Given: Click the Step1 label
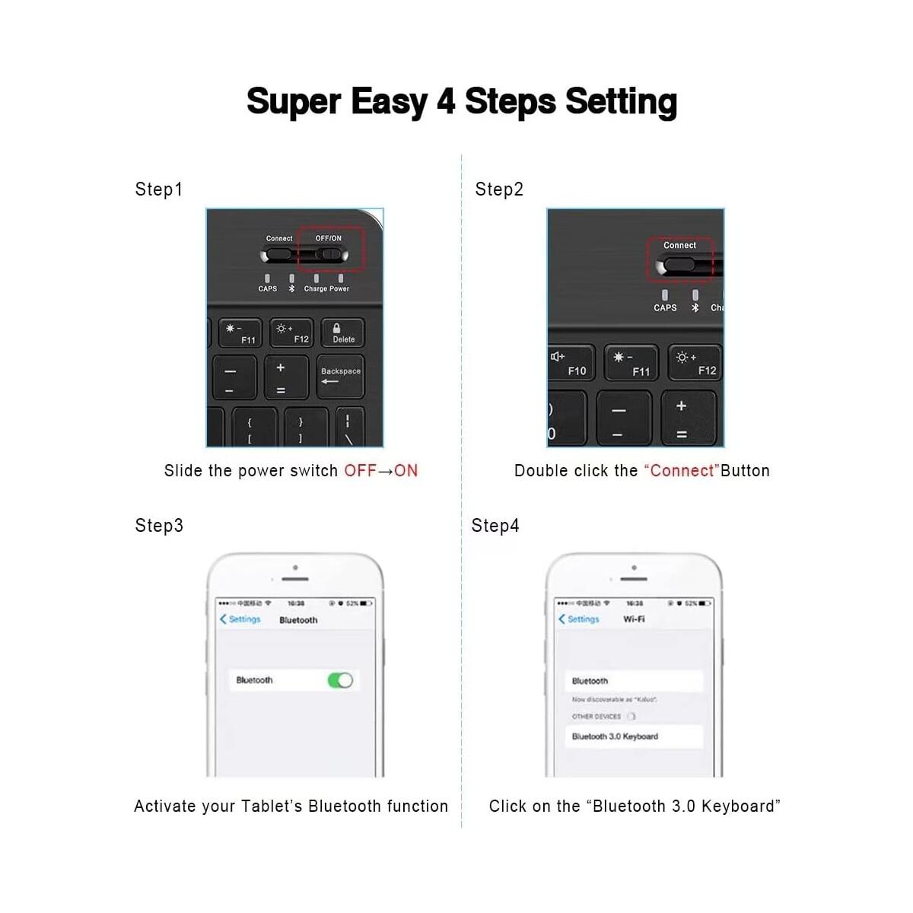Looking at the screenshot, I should pyautogui.click(x=158, y=189).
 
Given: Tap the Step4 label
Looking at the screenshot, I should pyautogui.click(x=495, y=526).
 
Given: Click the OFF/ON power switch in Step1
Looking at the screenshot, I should pyautogui.click(x=330, y=254).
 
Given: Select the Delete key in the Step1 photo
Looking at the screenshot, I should pyautogui.click(x=343, y=333).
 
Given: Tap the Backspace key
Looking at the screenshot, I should pyautogui.click(x=340, y=376).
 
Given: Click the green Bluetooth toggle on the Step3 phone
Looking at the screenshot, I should pyautogui.click(x=340, y=680).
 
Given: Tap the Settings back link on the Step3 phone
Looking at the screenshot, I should pyautogui.click(x=240, y=619).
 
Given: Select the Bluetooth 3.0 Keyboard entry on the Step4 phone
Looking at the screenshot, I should pyautogui.click(x=615, y=736).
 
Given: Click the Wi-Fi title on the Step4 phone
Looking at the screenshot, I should pyautogui.click(x=634, y=619).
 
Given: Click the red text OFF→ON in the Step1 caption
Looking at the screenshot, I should pyautogui.click(x=380, y=471).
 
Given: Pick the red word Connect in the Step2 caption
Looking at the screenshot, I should pyautogui.click(x=682, y=471).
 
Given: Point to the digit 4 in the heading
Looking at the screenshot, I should pyautogui.click(x=446, y=102).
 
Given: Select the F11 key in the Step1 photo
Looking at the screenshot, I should pyautogui.click(x=240, y=333).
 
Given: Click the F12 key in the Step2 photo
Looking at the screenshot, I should pyautogui.click(x=694, y=364).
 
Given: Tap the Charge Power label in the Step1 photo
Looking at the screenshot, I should pyautogui.click(x=326, y=289).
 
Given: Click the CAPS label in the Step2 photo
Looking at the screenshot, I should pyautogui.click(x=665, y=308).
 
